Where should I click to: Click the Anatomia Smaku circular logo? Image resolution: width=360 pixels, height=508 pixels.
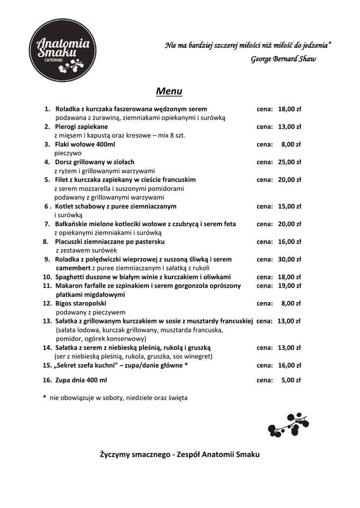(x=62, y=50)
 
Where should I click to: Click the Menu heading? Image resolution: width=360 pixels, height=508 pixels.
(x=169, y=91)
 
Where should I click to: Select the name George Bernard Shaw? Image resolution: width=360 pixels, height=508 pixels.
(x=283, y=59)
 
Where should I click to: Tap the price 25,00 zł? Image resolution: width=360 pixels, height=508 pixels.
(x=289, y=162)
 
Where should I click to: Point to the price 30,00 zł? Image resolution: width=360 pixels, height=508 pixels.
(x=289, y=259)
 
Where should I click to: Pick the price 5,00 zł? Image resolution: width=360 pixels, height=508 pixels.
(x=291, y=381)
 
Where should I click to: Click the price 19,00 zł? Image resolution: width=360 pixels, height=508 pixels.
(x=289, y=286)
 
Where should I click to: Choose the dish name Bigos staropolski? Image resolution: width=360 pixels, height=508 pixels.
(x=80, y=303)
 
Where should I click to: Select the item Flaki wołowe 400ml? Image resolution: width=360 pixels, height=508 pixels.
(x=85, y=144)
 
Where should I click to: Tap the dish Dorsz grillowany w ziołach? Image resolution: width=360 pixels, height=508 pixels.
(x=94, y=162)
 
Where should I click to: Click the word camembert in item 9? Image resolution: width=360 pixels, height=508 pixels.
(x=72, y=268)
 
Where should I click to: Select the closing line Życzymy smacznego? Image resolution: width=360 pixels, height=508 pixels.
(x=180, y=454)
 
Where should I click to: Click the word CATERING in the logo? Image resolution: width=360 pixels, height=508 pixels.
(x=54, y=60)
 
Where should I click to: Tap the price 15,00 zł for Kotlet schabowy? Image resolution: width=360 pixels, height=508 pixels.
(x=289, y=206)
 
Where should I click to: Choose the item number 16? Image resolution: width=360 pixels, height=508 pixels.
(x=48, y=381)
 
